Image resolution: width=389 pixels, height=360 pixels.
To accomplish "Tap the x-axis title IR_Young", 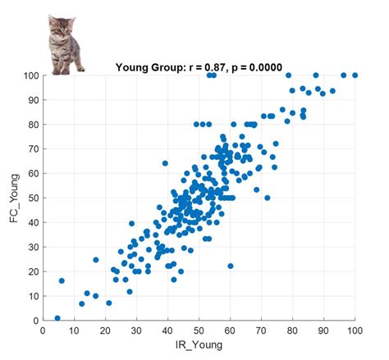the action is [199, 344].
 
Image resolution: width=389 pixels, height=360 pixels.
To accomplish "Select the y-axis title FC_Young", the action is [14, 198].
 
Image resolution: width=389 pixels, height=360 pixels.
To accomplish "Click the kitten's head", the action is [62, 26].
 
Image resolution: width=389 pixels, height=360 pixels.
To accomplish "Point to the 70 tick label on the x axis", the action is [261, 330].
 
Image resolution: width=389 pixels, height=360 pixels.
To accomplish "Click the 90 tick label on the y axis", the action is [33, 100].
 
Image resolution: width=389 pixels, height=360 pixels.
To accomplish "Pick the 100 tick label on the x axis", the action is [355, 330].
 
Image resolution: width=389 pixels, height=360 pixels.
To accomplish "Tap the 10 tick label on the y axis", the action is [33, 296].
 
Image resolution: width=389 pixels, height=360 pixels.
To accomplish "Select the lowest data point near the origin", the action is [57, 318].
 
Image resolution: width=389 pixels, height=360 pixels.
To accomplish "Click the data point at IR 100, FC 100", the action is [355, 75].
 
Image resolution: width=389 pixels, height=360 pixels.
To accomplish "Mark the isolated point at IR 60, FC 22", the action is [231, 266].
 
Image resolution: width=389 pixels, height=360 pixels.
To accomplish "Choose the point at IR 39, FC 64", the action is [165, 163].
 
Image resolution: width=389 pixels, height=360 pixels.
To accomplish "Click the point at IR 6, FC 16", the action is [62, 280].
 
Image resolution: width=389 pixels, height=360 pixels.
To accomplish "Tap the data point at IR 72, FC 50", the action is [268, 198].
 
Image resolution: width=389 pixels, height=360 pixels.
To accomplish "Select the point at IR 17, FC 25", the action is [96, 260].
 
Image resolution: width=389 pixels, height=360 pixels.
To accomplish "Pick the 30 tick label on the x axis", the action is [136, 330].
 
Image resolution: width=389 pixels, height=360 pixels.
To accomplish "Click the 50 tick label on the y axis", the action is [33, 198].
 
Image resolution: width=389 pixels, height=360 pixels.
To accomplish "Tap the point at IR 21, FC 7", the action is [109, 303].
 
